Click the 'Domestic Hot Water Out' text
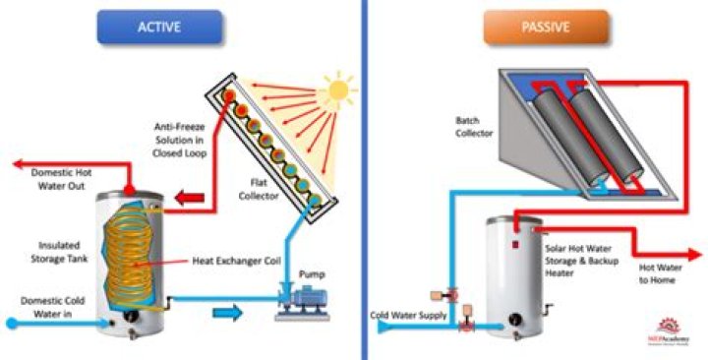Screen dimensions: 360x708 pyautogui.click(x=61, y=179)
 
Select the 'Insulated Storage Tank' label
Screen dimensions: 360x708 pyautogui.click(x=45, y=243)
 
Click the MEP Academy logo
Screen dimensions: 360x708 pyautogui.click(x=671, y=330)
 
